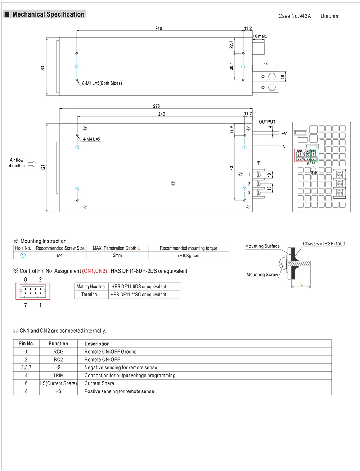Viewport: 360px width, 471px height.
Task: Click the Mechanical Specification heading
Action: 48,14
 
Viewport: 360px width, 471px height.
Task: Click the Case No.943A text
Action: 294,16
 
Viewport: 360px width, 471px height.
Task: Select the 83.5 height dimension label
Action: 43,67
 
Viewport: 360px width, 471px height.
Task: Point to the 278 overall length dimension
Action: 156,106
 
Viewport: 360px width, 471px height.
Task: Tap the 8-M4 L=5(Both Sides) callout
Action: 102,83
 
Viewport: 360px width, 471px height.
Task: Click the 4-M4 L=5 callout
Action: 91,139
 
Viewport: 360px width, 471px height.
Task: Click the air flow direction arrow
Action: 32,164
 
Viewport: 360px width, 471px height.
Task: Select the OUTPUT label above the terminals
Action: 267,122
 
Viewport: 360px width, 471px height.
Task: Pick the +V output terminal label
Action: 284,134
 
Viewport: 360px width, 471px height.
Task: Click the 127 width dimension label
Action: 43,167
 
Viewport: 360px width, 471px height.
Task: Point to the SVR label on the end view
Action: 314,172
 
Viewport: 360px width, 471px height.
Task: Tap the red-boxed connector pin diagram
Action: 33,291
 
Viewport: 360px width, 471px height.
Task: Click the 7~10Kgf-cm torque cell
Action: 188,256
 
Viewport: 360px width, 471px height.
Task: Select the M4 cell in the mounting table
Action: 60,256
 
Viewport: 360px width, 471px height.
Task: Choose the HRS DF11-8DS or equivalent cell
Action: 139,287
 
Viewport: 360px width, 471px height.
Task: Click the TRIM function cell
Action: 58,376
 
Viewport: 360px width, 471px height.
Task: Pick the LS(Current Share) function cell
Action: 58,383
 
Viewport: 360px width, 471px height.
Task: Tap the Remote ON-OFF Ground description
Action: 111,352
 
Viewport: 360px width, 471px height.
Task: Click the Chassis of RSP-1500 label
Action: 324,244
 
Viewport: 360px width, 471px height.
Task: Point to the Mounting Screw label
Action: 262,275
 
